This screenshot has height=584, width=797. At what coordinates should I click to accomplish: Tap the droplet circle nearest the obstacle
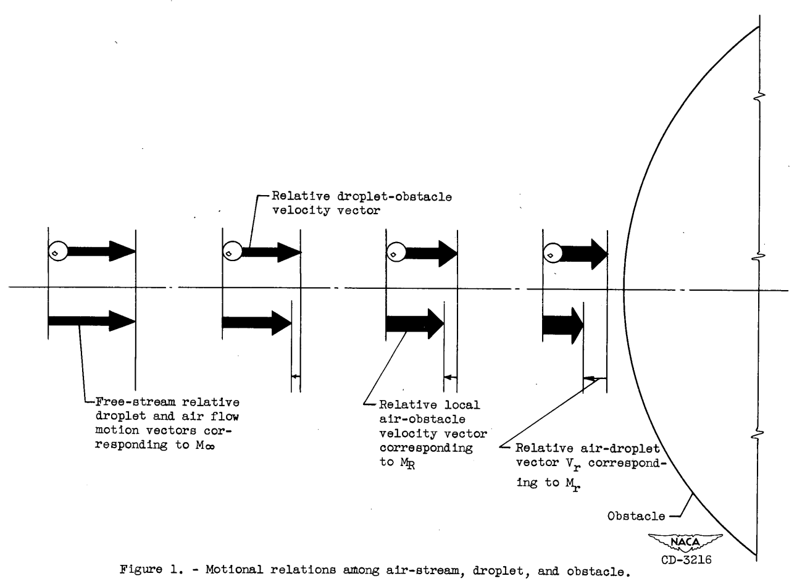[551, 252]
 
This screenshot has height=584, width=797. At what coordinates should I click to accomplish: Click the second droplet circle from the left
[232, 252]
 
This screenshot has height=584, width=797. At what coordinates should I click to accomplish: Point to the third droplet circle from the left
[396, 252]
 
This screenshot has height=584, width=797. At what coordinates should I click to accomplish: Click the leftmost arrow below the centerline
[91, 320]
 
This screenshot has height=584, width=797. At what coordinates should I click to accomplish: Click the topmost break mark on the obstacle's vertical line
[760, 96]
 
